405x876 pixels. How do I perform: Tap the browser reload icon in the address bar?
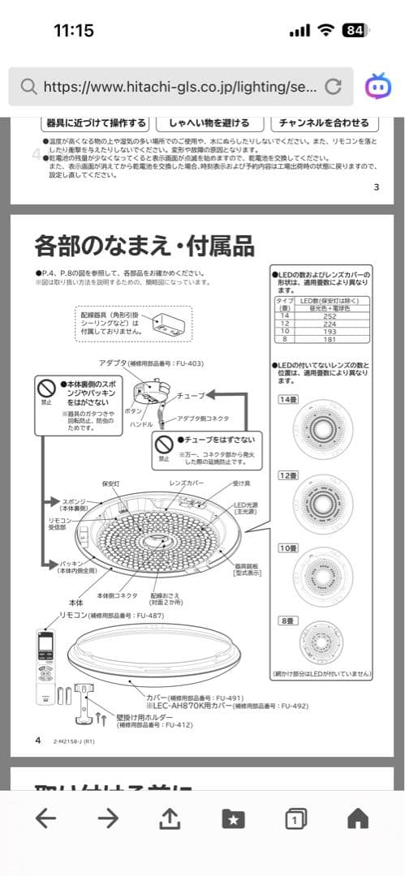(333, 87)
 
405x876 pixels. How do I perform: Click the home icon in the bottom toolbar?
(357, 819)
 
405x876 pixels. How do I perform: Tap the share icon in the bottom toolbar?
(169, 819)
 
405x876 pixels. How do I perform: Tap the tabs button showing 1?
(295, 819)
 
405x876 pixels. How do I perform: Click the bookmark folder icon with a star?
(233, 819)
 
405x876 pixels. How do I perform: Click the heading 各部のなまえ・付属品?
(144, 244)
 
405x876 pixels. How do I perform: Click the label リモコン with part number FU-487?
(110, 616)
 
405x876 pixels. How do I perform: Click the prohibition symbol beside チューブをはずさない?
(165, 444)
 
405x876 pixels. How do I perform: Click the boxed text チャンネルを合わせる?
(324, 123)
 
